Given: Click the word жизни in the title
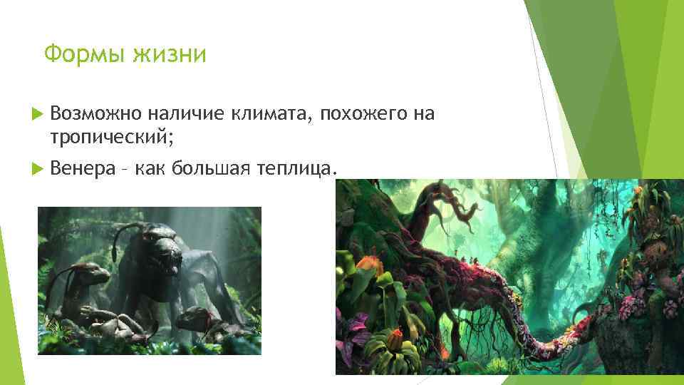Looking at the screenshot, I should pyautogui.click(x=170, y=54).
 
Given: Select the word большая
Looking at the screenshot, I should pyautogui.click(x=218, y=168).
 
